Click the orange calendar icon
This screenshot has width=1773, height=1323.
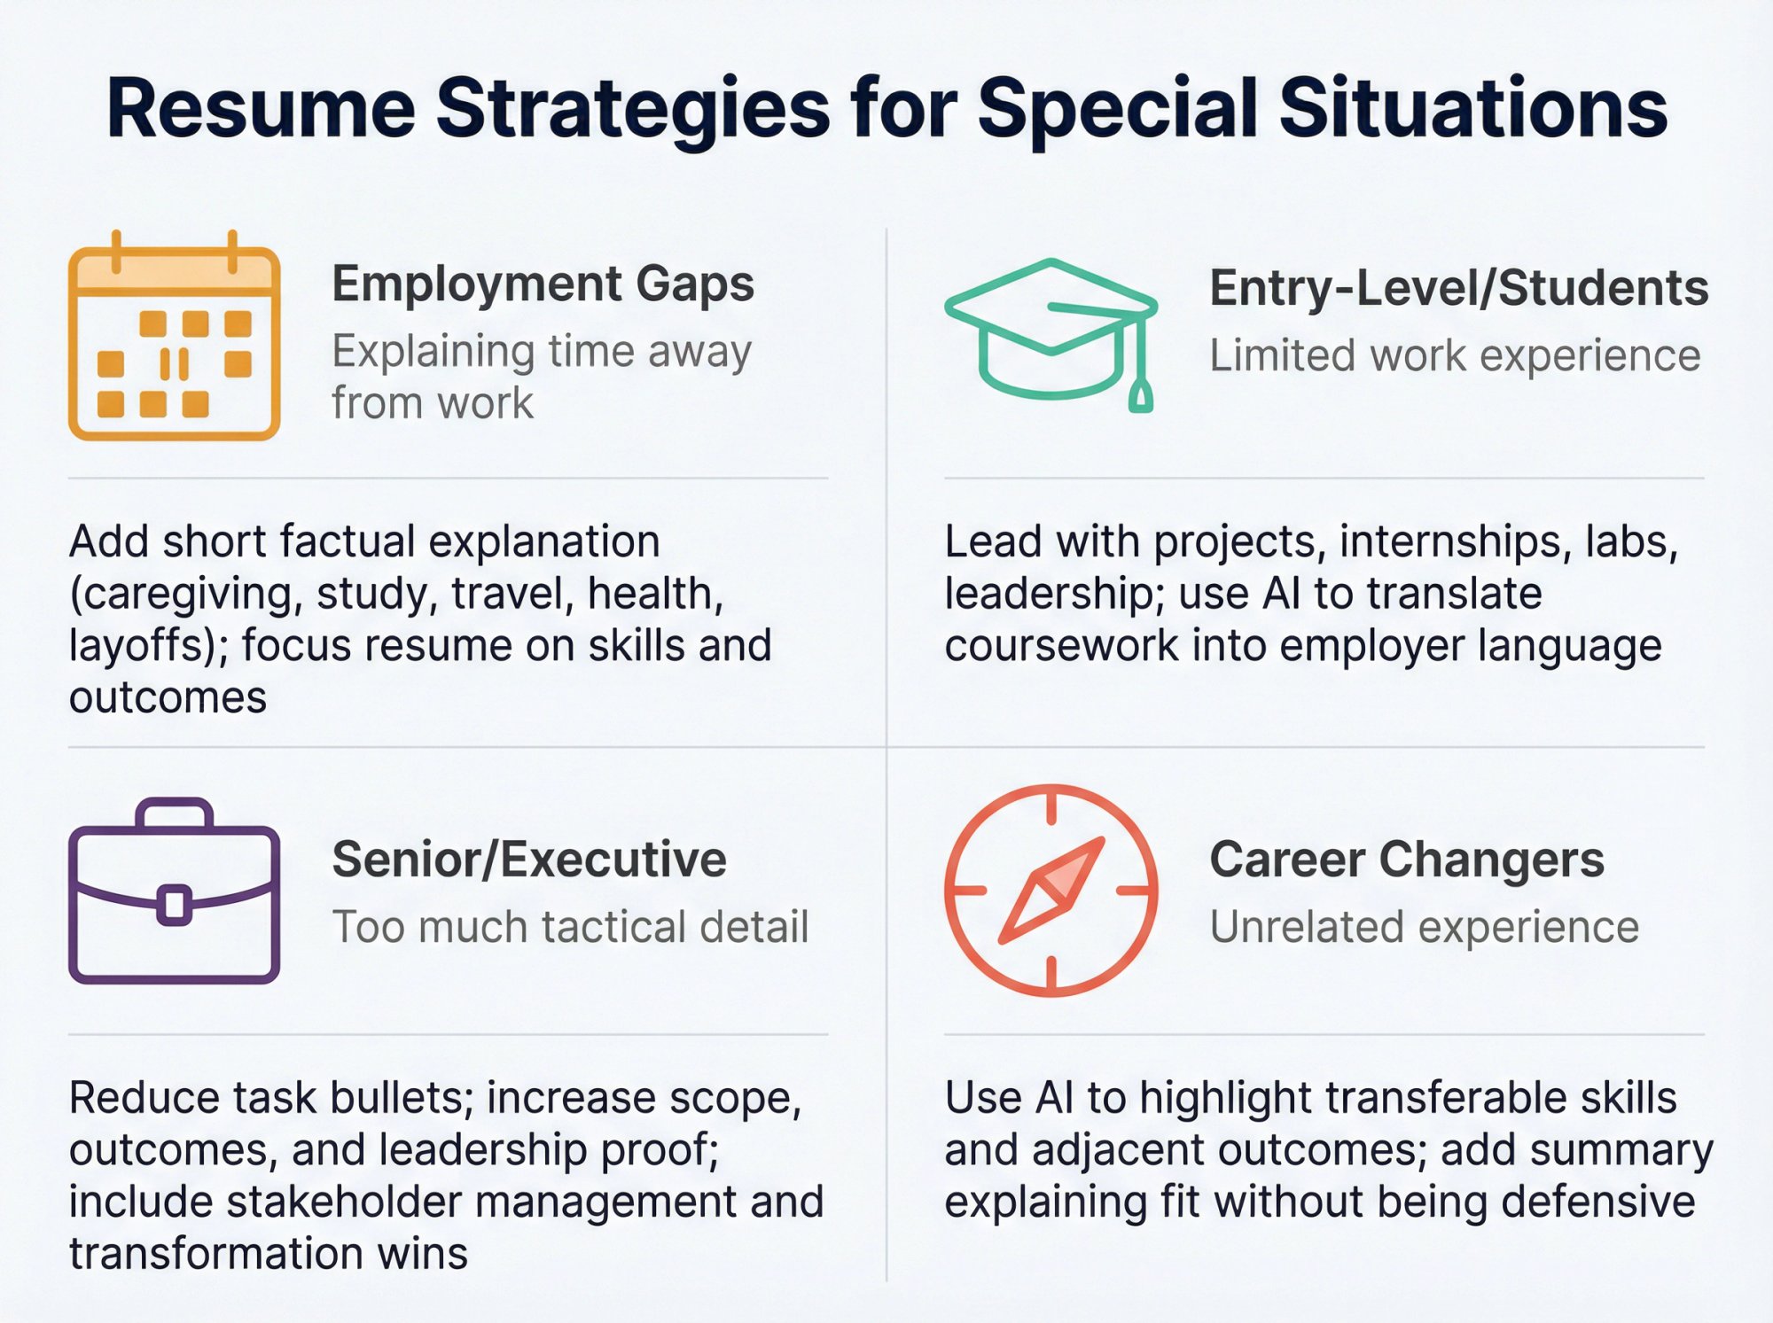click(174, 337)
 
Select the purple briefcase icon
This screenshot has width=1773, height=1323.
click(174, 891)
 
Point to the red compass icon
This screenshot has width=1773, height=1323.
click(1051, 891)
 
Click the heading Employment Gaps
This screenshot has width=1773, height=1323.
click(543, 284)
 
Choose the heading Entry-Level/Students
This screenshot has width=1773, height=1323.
click(1458, 289)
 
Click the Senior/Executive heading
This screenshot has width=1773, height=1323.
click(529, 860)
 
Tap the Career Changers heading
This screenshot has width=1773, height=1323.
click(1407, 860)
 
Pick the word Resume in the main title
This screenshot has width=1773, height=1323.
click(261, 109)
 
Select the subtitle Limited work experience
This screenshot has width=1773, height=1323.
click(1455, 356)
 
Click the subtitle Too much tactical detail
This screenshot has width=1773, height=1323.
click(570, 928)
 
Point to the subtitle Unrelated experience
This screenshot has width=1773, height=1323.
click(1424, 928)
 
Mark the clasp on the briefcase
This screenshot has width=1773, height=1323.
click(174, 905)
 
